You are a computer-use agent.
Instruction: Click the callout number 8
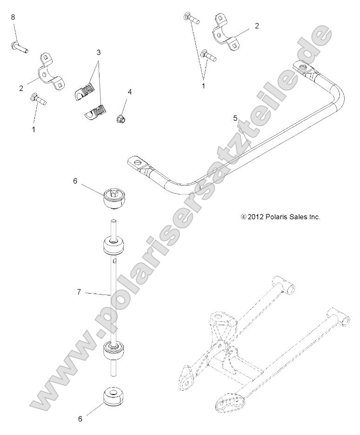[13, 17]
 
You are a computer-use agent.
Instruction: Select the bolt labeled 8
[19, 47]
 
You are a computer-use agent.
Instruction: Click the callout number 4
[130, 92]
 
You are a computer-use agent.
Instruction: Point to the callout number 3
[99, 53]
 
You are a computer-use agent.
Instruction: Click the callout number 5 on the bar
[236, 119]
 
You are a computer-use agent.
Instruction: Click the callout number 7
[79, 292]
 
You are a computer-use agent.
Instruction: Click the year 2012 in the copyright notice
[256, 217]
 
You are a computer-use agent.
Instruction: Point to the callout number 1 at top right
[203, 86]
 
